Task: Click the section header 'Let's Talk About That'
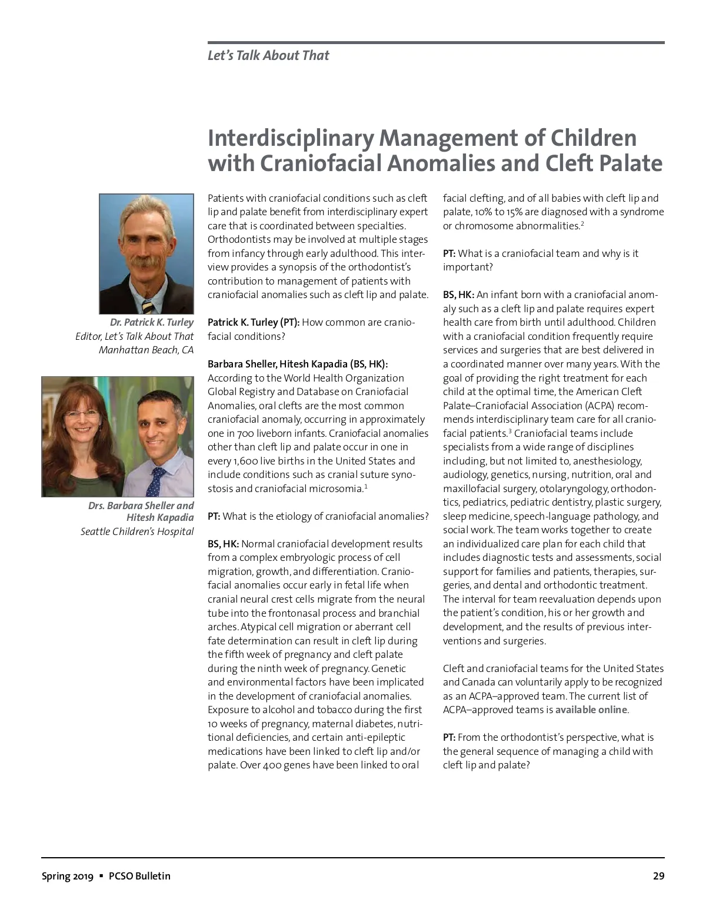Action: point(268,55)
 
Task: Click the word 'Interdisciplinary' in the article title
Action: point(291,138)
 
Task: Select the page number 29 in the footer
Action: point(658,876)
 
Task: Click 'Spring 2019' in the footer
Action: point(67,876)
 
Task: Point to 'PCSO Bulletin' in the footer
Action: point(139,876)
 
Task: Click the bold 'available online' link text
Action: point(591,710)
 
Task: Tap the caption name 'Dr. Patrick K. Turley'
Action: point(151,322)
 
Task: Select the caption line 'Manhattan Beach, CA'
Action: point(146,350)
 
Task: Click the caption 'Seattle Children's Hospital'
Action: point(137,531)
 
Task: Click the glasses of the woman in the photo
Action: point(82,414)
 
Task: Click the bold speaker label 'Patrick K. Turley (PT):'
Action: point(254,322)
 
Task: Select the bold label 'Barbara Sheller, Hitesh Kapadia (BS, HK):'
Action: point(298,364)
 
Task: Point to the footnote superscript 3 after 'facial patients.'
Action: point(509,431)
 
